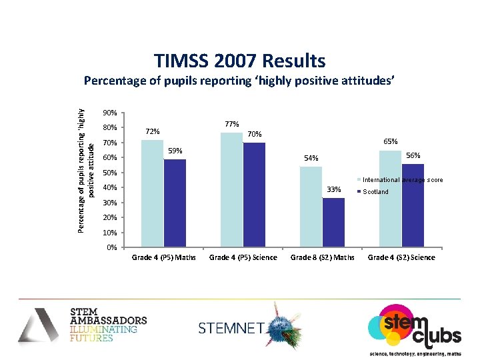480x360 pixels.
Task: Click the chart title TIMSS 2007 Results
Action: (240, 61)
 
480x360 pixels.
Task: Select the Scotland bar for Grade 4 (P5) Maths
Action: (175, 203)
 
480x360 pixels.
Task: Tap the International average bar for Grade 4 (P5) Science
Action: (231, 189)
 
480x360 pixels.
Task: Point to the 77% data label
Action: (232, 124)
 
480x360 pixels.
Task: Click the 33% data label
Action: (333, 189)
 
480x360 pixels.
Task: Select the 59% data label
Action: (175, 151)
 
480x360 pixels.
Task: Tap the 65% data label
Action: (391, 141)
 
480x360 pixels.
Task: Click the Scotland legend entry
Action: (374, 192)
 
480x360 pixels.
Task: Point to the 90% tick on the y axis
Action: (110, 113)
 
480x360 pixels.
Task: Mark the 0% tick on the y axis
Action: (112, 248)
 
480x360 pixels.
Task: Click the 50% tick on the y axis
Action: (110, 173)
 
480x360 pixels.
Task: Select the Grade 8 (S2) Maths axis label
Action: (323, 257)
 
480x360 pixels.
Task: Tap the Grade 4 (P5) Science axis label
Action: (243, 257)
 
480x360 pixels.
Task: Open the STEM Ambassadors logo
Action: (83, 324)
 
